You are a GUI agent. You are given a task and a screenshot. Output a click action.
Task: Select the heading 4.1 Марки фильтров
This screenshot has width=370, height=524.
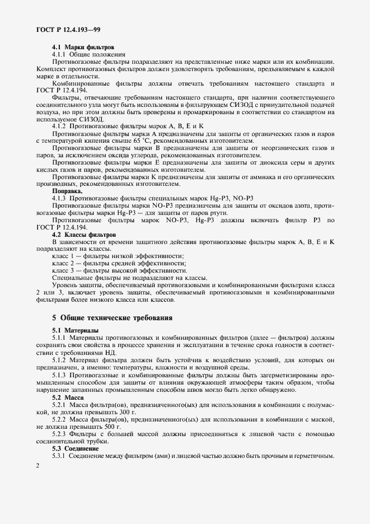[x=83, y=48]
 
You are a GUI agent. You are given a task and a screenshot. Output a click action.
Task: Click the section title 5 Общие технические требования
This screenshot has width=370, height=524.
[x=112, y=318]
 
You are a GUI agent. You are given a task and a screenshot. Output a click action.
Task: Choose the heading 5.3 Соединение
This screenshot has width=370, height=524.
[x=76, y=448]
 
